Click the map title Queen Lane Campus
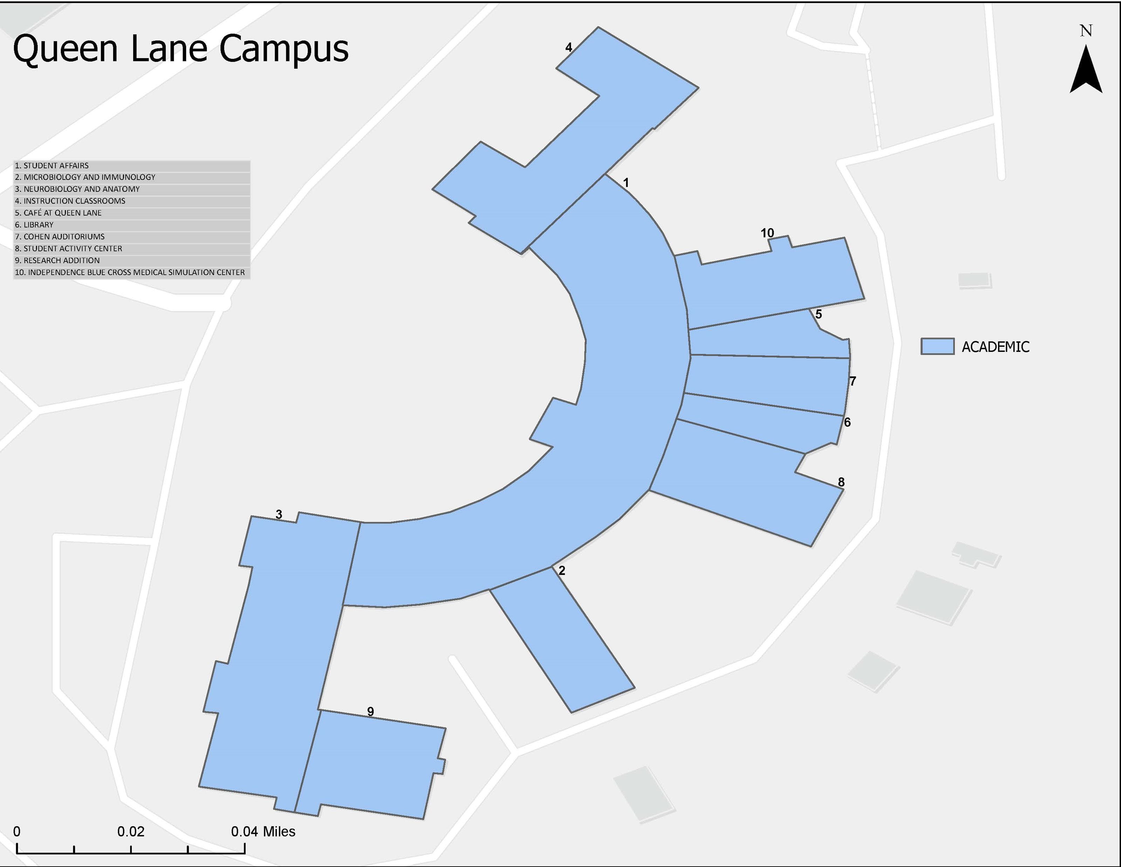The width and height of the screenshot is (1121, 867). coord(181,49)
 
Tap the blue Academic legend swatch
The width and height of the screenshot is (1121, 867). coord(937,346)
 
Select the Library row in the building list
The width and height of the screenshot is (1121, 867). coord(131,224)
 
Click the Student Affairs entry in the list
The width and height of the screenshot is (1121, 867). coord(131,165)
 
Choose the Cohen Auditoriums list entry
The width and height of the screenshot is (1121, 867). coord(131,236)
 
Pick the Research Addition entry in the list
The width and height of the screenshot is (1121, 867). coord(131,260)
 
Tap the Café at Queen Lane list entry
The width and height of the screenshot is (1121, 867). coord(131,213)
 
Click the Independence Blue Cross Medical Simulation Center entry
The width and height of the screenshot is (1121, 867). coord(131,272)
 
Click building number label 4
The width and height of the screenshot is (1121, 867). coord(568,48)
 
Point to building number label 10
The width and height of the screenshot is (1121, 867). coord(767,233)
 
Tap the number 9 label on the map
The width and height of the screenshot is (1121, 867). coord(370,711)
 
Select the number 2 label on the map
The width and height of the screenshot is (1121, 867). coord(562,570)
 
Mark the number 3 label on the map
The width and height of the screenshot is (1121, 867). coord(279,514)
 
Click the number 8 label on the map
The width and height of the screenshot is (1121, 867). coord(841,482)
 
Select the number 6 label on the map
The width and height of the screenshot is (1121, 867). coord(847,422)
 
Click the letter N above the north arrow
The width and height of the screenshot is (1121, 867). coord(1086,31)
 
